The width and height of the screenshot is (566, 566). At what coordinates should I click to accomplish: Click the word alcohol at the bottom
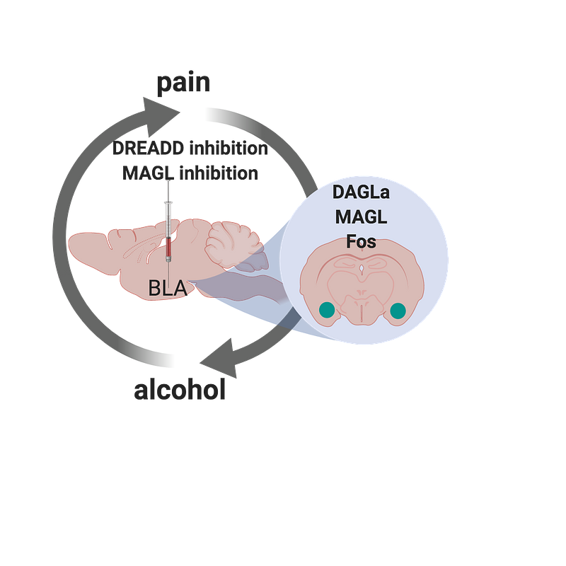pyautogui.click(x=180, y=390)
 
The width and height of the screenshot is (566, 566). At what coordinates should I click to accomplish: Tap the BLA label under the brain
pyautogui.click(x=167, y=288)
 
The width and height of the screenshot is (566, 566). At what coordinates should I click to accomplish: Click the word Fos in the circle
pyautogui.click(x=361, y=241)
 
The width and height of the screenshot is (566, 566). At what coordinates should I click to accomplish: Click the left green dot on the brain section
pyautogui.click(x=327, y=310)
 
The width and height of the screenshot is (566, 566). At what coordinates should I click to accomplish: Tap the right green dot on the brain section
pyautogui.click(x=398, y=310)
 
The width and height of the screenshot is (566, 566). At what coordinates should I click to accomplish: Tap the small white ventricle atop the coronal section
pyautogui.click(x=362, y=269)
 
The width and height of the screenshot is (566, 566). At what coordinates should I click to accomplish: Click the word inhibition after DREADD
pyautogui.click(x=233, y=150)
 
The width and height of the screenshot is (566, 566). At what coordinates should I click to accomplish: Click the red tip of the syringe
pyautogui.click(x=168, y=248)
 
